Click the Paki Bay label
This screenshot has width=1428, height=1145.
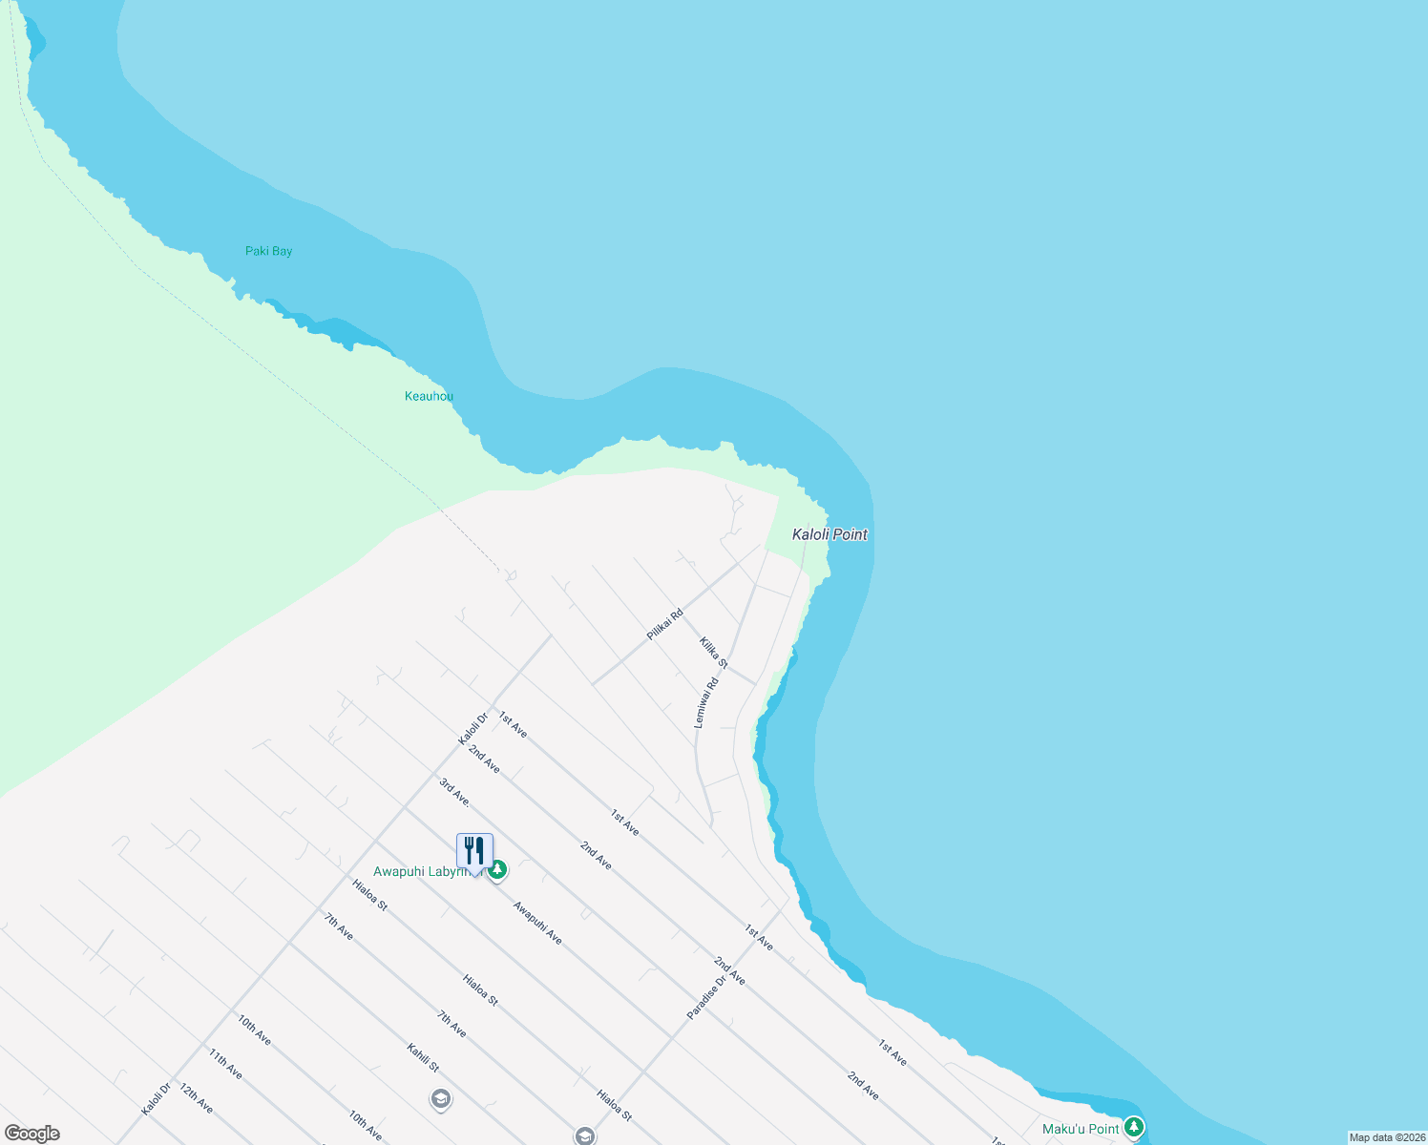268,251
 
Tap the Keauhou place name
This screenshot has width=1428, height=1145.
429,396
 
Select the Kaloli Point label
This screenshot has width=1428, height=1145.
829,534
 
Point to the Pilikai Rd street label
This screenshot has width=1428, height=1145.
664,624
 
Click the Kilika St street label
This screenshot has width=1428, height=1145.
713,653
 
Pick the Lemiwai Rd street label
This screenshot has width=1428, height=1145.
705,703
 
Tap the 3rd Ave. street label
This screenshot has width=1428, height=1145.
454,792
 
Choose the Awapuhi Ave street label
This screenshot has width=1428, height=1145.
537,923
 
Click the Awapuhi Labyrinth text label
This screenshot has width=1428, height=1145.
420,871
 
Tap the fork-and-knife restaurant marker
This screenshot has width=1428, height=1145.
474,850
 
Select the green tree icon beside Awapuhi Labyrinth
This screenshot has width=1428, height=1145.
497,870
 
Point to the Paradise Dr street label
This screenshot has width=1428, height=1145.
707,996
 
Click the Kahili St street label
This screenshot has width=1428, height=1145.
423,1057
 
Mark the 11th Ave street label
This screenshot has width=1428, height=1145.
225,1064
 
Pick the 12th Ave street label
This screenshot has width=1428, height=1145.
196,1099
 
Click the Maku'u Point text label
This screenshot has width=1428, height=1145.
1081,1129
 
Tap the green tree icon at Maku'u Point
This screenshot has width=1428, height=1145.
1133,1128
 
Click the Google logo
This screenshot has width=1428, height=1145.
31,1134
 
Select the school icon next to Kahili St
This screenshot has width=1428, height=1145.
440,1099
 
